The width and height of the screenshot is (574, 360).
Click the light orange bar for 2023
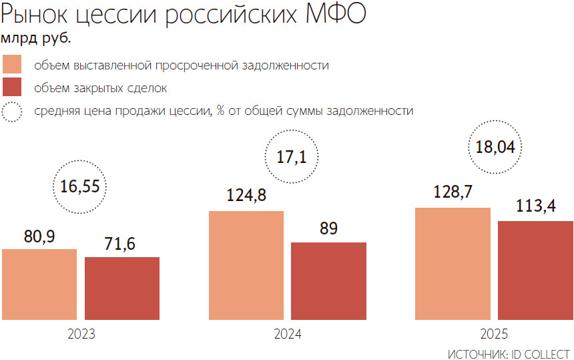(x=39, y=285)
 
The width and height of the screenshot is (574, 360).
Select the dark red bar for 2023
(x=122, y=289)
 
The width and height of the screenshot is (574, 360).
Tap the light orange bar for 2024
(x=246, y=266)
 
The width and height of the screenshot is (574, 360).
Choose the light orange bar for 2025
(x=453, y=264)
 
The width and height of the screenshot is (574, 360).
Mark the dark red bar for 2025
(x=536, y=271)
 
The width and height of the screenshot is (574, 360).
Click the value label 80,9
(x=39, y=236)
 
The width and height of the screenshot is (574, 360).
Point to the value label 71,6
(x=121, y=244)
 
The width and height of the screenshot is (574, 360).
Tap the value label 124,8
(x=246, y=198)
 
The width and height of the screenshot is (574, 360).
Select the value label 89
(x=328, y=230)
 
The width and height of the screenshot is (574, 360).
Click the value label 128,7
(x=453, y=194)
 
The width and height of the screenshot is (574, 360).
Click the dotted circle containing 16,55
(x=80, y=186)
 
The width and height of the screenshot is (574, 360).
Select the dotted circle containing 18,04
(x=495, y=147)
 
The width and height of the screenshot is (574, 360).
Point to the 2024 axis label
(x=288, y=335)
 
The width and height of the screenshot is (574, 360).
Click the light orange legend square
(x=12, y=65)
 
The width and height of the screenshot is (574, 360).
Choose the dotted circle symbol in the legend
(x=12, y=111)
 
